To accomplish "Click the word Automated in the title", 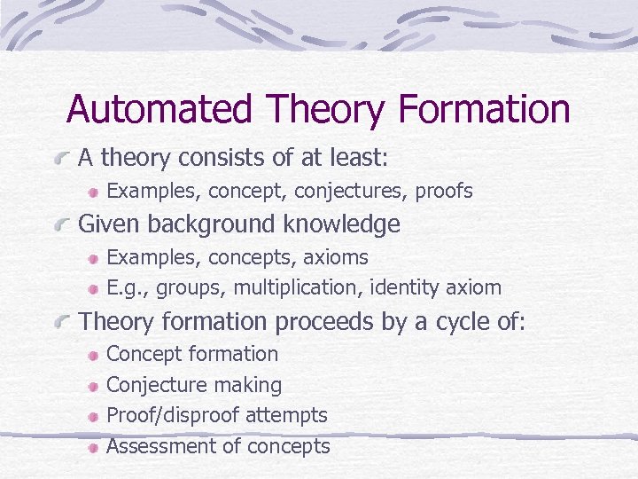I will (160, 109).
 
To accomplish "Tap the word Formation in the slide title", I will (484, 109).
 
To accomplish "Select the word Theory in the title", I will (325, 109).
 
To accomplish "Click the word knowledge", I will (344, 224).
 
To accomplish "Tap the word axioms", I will (336, 257).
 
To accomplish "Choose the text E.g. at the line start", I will (126, 288).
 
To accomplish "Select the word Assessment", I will (158, 446).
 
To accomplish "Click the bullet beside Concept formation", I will (93, 355).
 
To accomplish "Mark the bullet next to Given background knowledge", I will (61, 225).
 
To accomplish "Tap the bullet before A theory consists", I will (61, 160).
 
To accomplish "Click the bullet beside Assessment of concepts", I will (93, 447).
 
